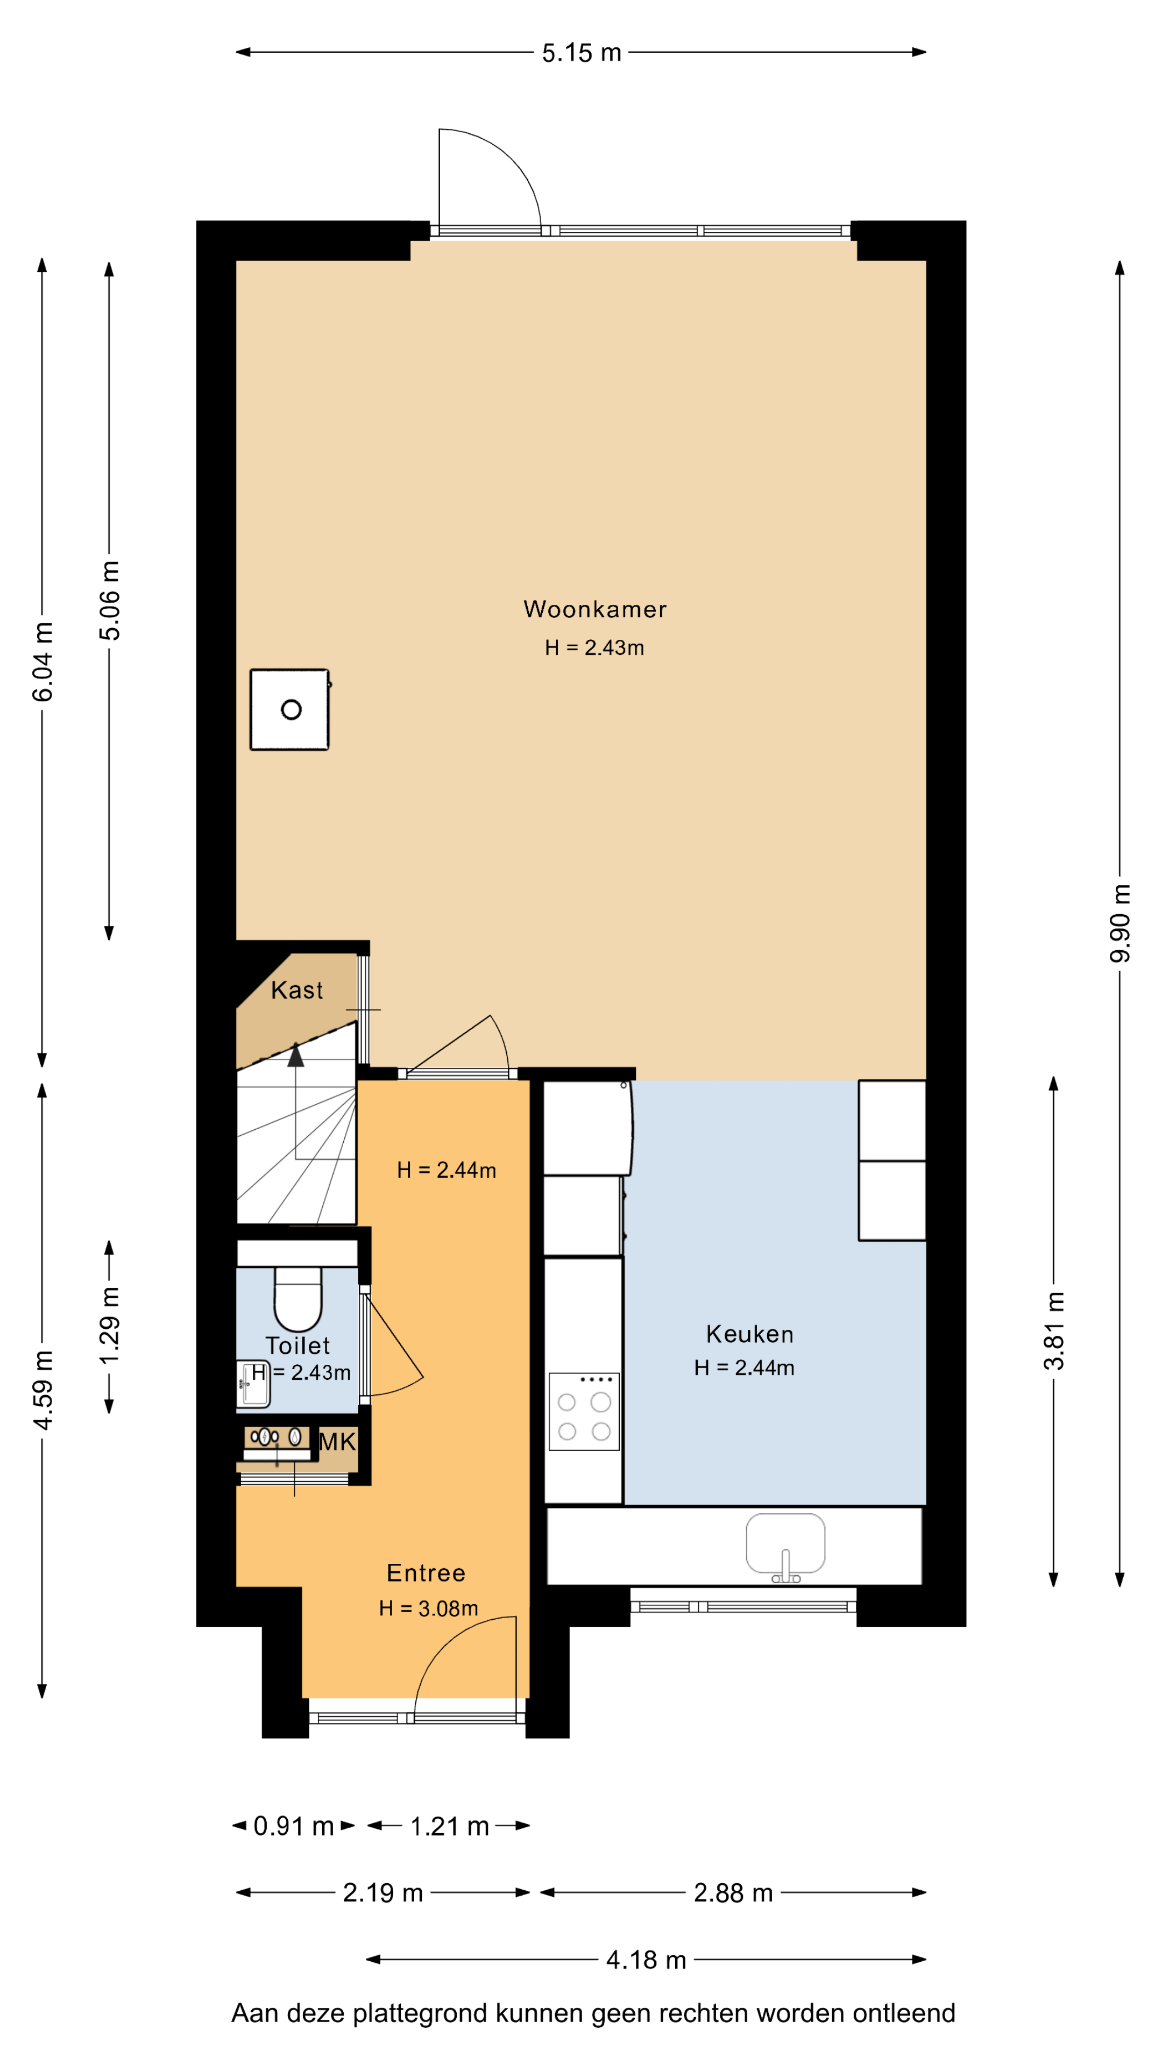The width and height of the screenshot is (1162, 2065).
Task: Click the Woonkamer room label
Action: coord(594,609)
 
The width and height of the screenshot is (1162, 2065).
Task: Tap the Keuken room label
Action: coord(750,1334)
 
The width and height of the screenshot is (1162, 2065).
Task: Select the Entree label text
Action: coord(426,1573)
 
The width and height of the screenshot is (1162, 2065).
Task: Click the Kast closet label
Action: coord(297,990)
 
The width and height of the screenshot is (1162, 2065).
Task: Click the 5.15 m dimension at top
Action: coord(582,53)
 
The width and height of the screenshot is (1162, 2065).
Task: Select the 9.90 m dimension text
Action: coord(1120,923)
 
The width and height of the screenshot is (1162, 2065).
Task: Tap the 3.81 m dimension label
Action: coord(1054,1331)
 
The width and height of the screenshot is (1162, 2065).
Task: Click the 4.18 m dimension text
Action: coord(646,1960)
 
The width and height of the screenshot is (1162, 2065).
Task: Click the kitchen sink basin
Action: coord(785,1543)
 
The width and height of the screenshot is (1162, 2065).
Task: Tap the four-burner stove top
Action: coord(584,1411)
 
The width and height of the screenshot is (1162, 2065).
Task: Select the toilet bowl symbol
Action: coord(297,1299)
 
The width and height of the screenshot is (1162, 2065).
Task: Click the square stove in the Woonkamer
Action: coord(289,709)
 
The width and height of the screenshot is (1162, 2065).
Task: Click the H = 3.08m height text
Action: coord(428,1608)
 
